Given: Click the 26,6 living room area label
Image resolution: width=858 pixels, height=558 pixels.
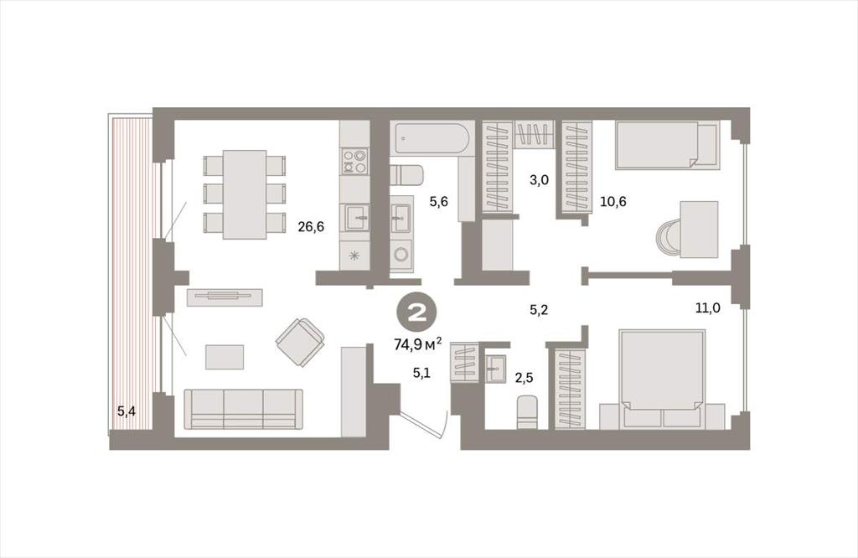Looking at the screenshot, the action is [x=311, y=226].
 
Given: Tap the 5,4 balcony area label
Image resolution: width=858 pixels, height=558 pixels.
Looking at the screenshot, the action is [x=127, y=411].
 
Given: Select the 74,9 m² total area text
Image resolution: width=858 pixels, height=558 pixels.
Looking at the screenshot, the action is [x=418, y=344].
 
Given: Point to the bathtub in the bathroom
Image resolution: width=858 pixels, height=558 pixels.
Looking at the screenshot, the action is [x=432, y=138].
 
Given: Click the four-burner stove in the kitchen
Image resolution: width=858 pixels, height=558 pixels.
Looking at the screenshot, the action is [x=354, y=161].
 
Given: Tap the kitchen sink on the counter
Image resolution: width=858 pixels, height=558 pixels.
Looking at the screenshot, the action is [x=355, y=217].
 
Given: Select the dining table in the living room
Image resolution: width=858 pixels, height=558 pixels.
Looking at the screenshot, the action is [x=245, y=194].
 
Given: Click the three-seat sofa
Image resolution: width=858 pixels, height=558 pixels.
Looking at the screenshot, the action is [x=244, y=409].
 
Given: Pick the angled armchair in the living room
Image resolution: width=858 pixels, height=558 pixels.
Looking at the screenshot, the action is [x=300, y=342].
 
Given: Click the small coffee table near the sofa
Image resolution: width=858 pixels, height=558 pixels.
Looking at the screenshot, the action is [x=225, y=357].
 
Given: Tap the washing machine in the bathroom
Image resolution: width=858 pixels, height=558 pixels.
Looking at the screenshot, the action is [x=401, y=255].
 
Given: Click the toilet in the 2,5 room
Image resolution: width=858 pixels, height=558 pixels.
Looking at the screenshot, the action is [x=528, y=412].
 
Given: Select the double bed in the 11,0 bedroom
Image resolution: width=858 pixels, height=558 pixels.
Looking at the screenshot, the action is [x=662, y=379].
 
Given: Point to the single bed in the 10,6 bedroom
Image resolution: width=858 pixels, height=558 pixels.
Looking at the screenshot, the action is [x=666, y=145].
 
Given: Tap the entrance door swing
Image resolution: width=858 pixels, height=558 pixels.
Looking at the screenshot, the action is [x=424, y=425].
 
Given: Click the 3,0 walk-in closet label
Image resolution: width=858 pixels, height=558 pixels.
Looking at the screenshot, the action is [x=539, y=180].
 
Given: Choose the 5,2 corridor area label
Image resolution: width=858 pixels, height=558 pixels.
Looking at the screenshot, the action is [x=539, y=310].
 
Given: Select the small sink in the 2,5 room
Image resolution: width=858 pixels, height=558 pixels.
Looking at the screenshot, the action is [x=497, y=369].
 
